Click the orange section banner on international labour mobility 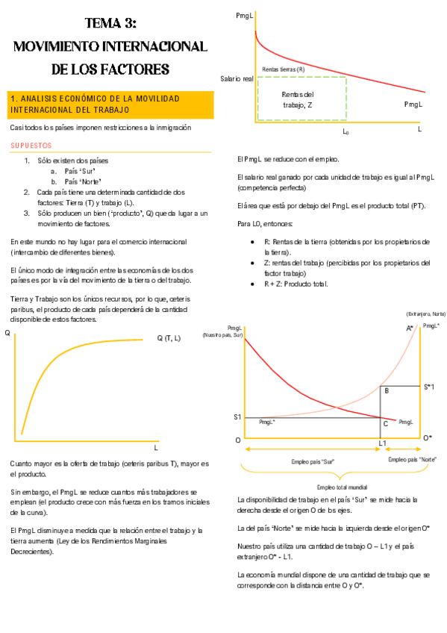110,104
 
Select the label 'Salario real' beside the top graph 237,78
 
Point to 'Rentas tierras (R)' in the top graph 284,69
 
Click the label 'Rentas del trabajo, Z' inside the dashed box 298,99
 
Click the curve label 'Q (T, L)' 169,338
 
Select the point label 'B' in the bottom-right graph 386,390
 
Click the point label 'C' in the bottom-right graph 385,423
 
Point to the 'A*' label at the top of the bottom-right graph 410,328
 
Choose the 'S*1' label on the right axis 428,386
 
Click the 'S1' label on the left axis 237,417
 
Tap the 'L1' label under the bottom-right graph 382,443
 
